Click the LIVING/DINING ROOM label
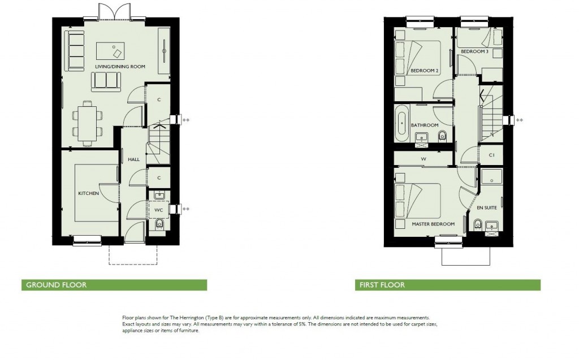[119, 67]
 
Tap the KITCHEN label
[88, 193]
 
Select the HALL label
[133, 159]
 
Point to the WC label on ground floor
[159, 210]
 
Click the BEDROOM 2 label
[425, 71]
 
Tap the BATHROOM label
[425, 125]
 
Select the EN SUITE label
[487, 207]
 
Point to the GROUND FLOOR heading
[57, 285]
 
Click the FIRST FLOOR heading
[382, 285]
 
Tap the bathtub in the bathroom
[401, 123]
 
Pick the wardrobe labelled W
[423, 159]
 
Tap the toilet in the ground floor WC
[159, 225]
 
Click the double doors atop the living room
[107, 11]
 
